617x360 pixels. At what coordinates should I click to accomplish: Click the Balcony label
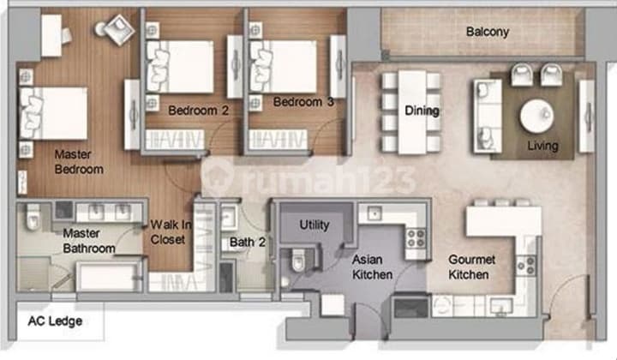488,33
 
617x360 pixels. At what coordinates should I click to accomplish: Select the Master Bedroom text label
78,162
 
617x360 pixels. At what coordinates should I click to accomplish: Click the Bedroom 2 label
198,110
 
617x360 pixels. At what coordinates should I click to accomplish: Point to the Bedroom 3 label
303,103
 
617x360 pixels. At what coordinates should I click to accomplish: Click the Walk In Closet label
168,232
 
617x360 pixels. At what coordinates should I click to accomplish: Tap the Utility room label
314,225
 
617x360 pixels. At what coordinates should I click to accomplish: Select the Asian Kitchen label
372,266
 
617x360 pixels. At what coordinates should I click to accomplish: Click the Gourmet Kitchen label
469,267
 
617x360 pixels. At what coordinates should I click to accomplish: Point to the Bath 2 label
248,243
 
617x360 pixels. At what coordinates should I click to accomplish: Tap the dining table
411,111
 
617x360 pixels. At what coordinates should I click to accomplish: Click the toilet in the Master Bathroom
33,221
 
